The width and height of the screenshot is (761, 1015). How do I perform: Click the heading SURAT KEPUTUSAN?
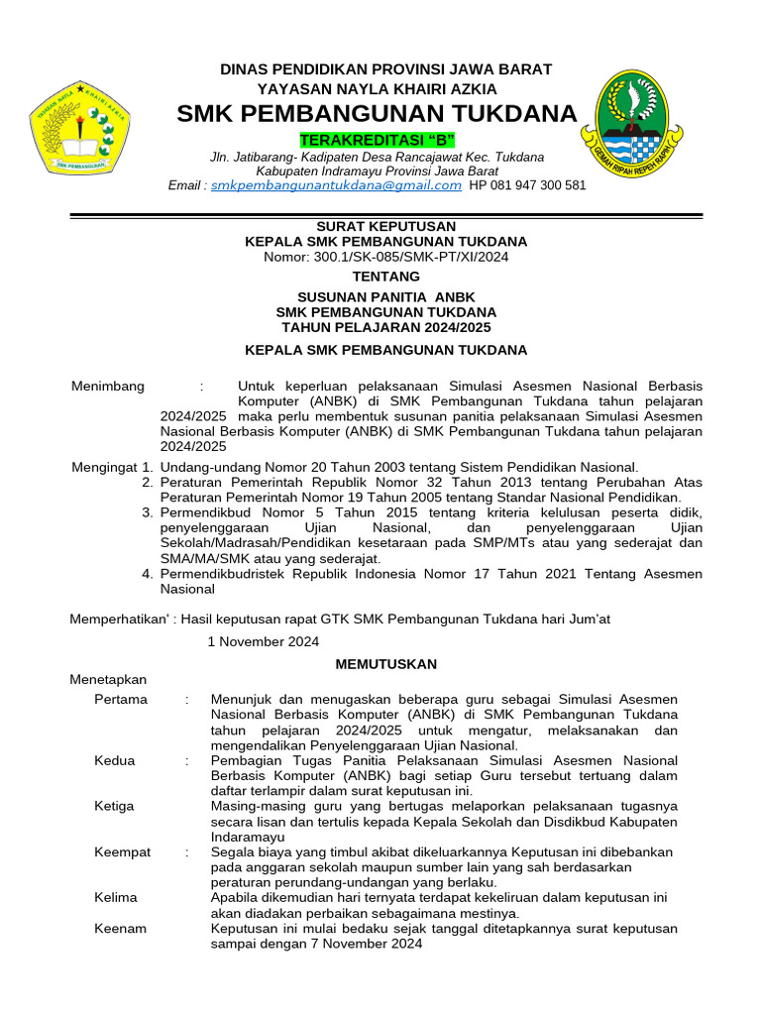click(385, 226)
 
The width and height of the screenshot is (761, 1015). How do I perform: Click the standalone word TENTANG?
click(385, 277)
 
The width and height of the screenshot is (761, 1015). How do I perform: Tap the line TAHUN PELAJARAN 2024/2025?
click(385, 327)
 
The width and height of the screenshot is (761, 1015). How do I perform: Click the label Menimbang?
click(108, 386)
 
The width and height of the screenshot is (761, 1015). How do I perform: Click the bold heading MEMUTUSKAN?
click(385, 663)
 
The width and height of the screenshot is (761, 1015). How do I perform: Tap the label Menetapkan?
click(108, 680)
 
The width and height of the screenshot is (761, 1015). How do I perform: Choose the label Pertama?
click(121, 699)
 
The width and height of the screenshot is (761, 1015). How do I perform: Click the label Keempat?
click(123, 851)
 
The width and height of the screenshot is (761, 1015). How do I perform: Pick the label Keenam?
click(121, 928)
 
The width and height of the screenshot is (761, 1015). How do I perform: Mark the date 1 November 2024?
click(263, 641)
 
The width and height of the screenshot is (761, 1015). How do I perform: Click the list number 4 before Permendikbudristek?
click(147, 573)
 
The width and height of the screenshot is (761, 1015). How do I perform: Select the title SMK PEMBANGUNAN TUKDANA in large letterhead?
click(377, 114)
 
